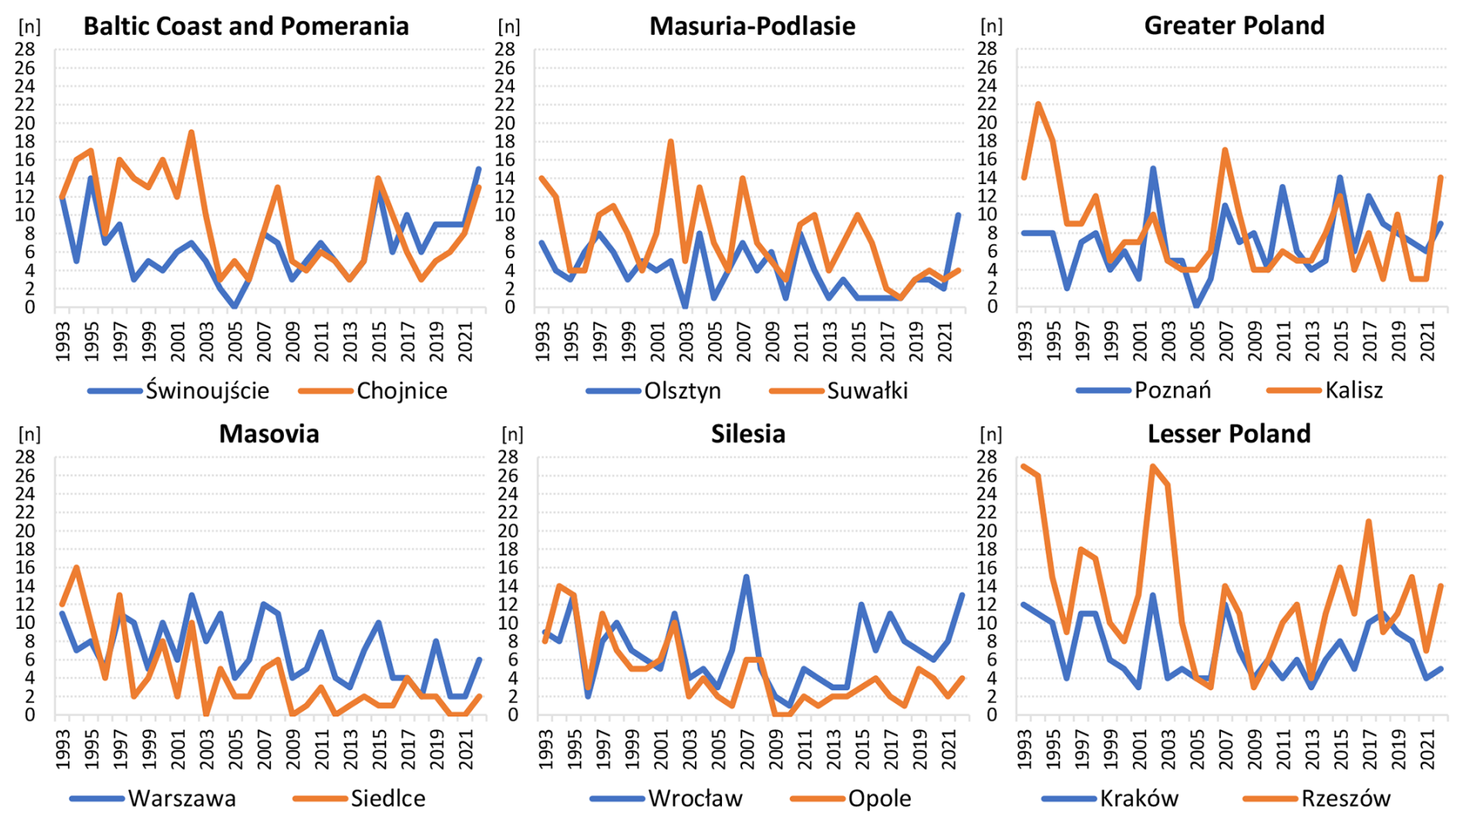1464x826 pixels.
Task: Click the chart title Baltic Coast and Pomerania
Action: point(246,26)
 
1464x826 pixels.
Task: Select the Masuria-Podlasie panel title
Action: point(752,26)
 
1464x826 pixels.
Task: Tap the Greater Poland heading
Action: point(1234,26)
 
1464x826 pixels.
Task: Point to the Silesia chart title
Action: point(748,434)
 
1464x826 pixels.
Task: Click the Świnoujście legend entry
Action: point(207,391)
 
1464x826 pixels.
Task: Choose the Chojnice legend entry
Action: point(402,391)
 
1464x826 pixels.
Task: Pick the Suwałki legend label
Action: point(867,391)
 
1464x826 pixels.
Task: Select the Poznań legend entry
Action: point(1172,390)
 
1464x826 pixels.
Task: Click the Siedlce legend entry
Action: point(388,798)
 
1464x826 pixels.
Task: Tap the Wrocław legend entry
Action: point(695,798)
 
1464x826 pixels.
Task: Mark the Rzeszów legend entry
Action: point(1346,798)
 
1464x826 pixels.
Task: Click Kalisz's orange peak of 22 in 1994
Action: point(1038,104)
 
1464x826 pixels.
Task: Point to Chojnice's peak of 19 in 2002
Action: point(191,132)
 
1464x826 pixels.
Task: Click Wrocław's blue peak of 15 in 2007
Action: point(746,577)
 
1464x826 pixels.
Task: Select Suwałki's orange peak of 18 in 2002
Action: point(671,142)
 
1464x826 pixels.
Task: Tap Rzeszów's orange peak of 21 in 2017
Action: point(1369,521)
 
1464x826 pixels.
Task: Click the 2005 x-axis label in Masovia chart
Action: point(236,748)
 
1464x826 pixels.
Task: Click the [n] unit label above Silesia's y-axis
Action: point(512,434)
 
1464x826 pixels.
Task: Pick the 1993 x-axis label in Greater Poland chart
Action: point(1025,340)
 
